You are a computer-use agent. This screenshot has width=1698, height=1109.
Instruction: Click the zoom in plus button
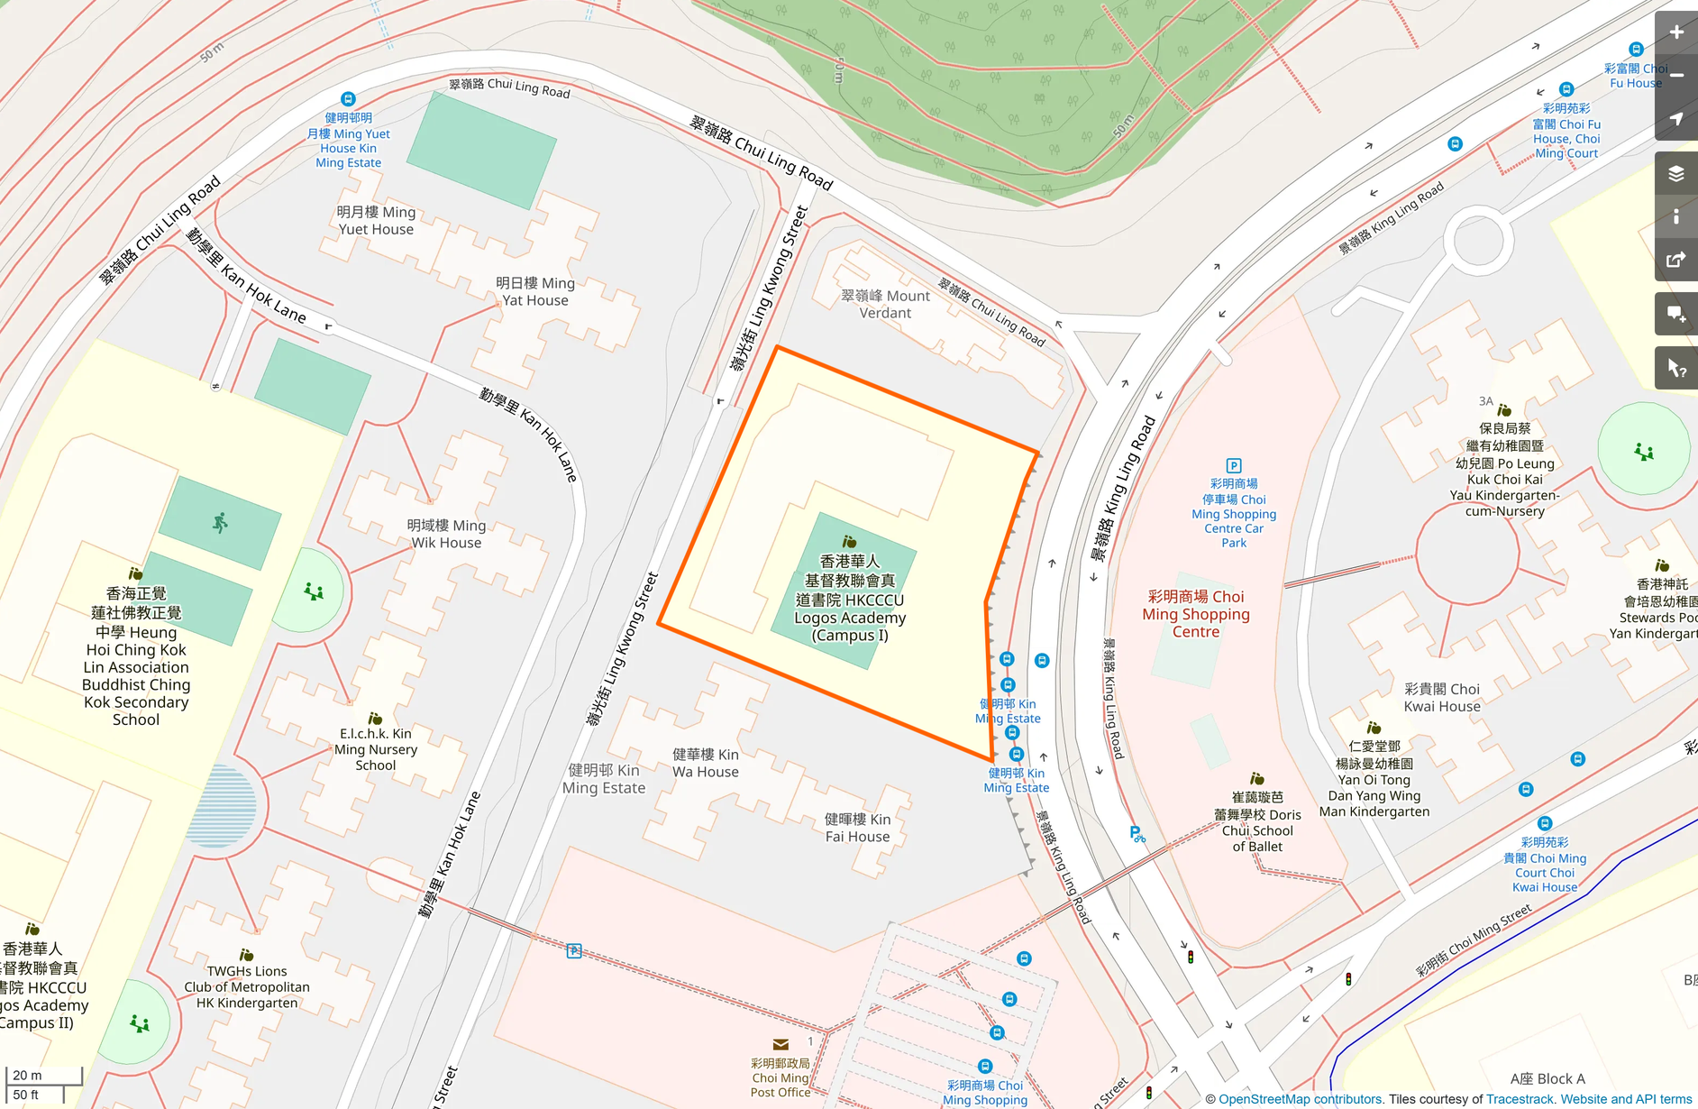(1675, 32)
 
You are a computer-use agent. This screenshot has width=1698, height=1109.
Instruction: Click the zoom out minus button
(1675, 76)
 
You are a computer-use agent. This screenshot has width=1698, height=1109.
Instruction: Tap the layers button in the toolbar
(1675, 174)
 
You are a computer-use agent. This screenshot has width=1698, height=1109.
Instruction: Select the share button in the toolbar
(1675, 261)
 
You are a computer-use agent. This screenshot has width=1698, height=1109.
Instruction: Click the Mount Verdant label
(885, 305)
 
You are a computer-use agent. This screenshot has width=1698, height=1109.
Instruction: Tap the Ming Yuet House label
(376, 221)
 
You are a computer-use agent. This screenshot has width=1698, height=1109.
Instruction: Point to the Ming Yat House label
(535, 292)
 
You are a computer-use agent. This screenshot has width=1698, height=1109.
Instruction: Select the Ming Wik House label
(446, 534)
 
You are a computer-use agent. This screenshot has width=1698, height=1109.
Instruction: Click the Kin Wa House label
(705, 763)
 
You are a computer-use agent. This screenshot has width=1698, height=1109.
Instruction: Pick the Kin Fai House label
(857, 828)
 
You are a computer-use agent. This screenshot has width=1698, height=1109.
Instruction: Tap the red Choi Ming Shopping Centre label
(1196, 614)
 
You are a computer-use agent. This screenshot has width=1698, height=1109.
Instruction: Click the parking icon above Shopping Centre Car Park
(1234, 465)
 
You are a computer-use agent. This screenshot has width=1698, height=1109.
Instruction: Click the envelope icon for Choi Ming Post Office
(781, 1045)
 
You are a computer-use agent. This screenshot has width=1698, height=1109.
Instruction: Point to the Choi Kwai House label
(1442, 698)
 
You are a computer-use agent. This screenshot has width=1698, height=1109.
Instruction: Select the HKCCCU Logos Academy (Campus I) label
(850, 599)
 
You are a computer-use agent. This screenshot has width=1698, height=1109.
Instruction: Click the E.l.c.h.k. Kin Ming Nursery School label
(375, 749)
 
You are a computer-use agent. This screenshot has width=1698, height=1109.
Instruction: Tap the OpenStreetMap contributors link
(1300, 1099)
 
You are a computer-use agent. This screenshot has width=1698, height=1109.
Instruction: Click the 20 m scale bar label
(27, 1075)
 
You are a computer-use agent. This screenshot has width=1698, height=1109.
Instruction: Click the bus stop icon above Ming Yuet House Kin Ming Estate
(348, 99)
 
